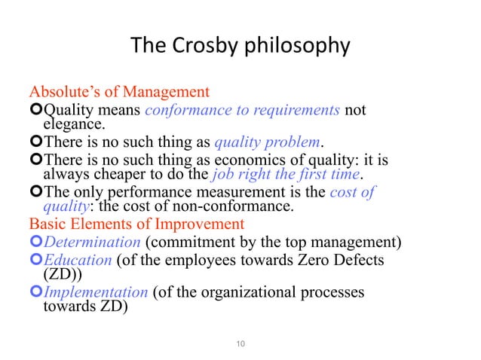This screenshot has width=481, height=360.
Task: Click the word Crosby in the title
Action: pos(204,47)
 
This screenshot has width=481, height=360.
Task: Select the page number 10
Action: pos(240,345)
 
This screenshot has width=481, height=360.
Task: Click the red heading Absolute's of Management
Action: pos(119,93)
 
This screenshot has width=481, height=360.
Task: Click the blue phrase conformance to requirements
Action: pos(242,111)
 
